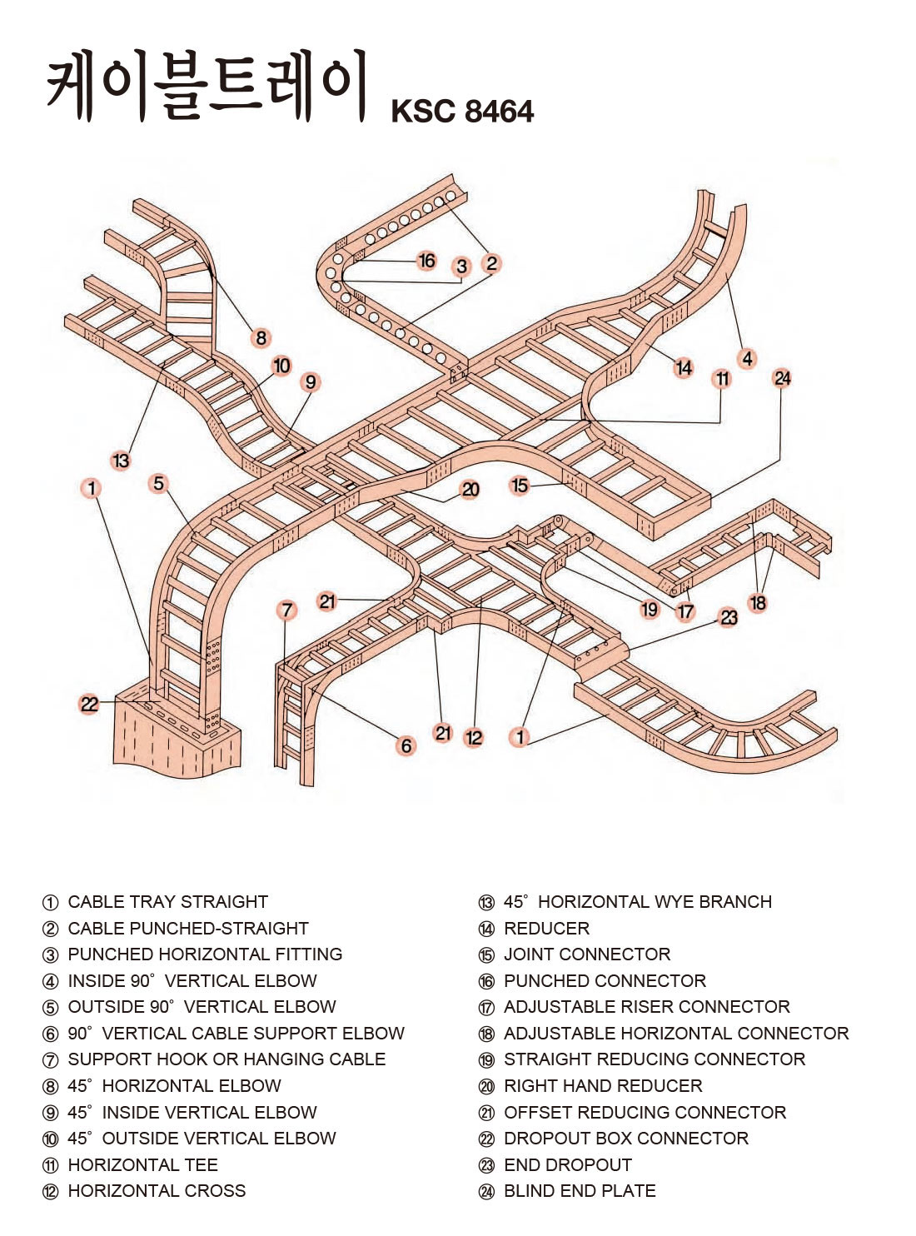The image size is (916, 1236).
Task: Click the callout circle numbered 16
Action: (x=426, y=261)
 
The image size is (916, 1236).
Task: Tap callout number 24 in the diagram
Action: (x=782, y=378)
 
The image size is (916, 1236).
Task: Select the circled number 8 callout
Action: (x=261, y=337)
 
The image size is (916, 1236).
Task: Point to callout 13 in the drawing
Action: (x=121, y=461)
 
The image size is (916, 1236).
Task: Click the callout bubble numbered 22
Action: (x=89, y=705)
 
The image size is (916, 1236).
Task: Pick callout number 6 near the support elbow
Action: (x=406, y=745)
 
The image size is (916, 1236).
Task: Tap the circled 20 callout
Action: (x=470, y=490)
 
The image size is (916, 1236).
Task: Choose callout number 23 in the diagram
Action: (x=729, y=617)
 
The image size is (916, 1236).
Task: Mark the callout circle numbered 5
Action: (x=158, y=483)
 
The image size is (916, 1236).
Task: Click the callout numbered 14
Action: (x=684, y=367)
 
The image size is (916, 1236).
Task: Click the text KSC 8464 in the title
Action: (x=462, y=111)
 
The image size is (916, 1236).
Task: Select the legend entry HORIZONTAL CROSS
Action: (x=157, y=1191)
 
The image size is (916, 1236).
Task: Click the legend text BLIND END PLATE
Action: (x=580, y=1191)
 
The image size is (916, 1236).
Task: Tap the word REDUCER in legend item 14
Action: (x=546, y=928)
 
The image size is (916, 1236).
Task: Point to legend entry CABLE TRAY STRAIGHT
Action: (x=167, y=902)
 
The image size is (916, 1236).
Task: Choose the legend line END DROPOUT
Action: (x=568, y=1164)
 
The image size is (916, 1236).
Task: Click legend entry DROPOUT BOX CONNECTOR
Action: (x=625, y=1138)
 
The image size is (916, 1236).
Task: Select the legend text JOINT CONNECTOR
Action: (x=587, y=954)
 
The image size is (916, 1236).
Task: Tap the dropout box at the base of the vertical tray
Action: (x=175, y=737)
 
